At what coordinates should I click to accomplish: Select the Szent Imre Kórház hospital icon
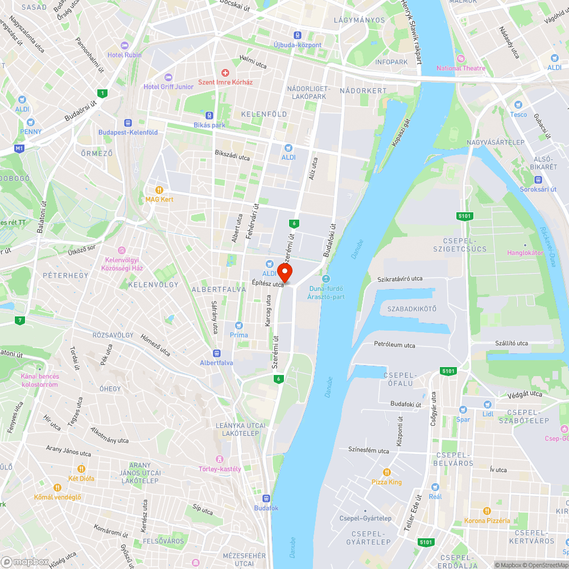pos(225,73)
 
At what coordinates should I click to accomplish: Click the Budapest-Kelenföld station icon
pos(127,123)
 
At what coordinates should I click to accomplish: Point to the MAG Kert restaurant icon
pos(160,190)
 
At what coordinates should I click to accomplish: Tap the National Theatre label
pos(461,68)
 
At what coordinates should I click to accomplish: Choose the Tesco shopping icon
pos(518,105)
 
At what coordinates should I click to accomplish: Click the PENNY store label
pos(31,131)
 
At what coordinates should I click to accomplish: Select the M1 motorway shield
pos(20,149)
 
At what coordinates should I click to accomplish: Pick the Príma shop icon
pos(239,325)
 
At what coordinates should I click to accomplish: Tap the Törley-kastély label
pos(220,469)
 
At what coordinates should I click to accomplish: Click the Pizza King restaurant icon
pos(387,472)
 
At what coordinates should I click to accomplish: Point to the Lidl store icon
pos(488,405)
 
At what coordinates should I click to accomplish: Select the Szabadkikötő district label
pos(411,309)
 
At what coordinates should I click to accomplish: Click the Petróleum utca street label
pos(394,345)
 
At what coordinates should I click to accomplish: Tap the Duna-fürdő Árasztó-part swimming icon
pos(326,279)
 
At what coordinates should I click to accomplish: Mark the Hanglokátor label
pos(525,253)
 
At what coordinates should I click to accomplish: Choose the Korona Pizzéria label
pos(487,521)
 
